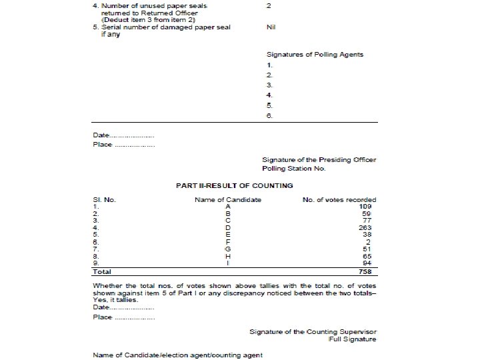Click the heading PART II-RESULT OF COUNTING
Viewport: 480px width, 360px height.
click(x=234, y=185)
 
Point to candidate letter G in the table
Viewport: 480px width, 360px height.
click(x=228, y=249)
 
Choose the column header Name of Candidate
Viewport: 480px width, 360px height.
click(x=227, y=199)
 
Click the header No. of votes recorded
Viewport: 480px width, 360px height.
click(x=339, y=199)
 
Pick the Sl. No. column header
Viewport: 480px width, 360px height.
click(x=103, y=199)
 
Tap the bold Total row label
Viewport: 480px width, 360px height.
click(x=101, y=271)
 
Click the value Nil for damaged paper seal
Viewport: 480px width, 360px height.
click(x=271, y=27)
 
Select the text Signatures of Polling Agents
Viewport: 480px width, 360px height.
click(x=315, y=55)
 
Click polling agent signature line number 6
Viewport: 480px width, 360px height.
click(x=269, y=115)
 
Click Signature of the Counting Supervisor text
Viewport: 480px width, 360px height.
click(x=313, y=331)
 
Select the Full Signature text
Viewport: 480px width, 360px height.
click(x=352, y=339)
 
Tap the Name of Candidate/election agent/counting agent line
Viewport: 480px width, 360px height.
click(x=177, y=354)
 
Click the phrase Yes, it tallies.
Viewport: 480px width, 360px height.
click(x=113, y=301)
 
